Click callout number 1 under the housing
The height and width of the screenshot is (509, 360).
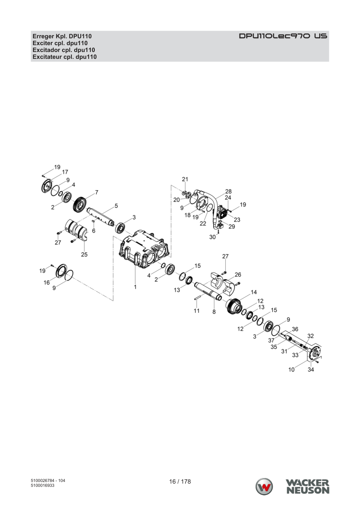coord(135,287)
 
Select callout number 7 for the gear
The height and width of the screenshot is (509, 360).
coord(97,193)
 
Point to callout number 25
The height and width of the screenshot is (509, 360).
coord(84,255)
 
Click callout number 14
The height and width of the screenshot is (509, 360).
coord(254,292)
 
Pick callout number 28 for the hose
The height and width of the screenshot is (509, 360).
coord(229,191)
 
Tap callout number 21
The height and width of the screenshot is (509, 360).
coord(185,179)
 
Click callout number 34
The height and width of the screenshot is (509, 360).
coord(311,370)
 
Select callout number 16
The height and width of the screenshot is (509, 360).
coord(47,283)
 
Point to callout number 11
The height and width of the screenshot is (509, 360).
coord(197,311)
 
